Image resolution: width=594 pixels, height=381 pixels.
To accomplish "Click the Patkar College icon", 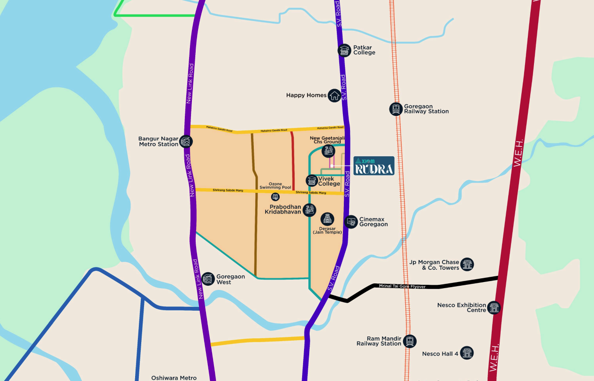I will point(344,50).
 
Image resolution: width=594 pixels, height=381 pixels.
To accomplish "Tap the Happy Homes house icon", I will point(334,95).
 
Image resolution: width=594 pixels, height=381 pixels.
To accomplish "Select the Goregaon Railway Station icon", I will point(396,109).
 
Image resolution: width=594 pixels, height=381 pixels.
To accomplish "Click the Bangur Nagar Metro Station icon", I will point(186,142).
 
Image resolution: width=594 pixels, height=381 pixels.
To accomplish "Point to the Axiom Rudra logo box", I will point(373,166).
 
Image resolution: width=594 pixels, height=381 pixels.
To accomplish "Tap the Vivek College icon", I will point(312,181).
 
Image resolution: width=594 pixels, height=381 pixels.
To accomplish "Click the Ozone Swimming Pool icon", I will point(275,196).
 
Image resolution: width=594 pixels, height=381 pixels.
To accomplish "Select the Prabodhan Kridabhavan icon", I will point(309,210).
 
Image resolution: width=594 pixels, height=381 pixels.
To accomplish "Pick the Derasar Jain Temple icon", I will point(327,218).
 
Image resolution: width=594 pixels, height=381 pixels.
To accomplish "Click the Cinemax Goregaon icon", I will point(350,221).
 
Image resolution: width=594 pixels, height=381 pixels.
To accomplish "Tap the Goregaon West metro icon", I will point(208,279).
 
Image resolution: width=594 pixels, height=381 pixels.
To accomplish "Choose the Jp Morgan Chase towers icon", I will point(467,264).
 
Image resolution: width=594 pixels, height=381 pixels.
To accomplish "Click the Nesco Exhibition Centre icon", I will point(494,308).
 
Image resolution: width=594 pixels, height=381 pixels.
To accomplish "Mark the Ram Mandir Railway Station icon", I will point(410,341).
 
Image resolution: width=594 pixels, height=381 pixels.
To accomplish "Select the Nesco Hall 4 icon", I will point(466,353).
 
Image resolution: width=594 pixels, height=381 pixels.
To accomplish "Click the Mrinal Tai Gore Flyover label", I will point(403,286).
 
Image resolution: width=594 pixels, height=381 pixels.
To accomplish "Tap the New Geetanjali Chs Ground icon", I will point(328,151).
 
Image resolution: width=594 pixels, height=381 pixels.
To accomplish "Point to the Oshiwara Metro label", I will point(174,378).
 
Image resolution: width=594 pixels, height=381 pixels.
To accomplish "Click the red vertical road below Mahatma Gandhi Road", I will point(293,160).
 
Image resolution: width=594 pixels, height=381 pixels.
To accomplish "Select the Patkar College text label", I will point(364,50).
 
